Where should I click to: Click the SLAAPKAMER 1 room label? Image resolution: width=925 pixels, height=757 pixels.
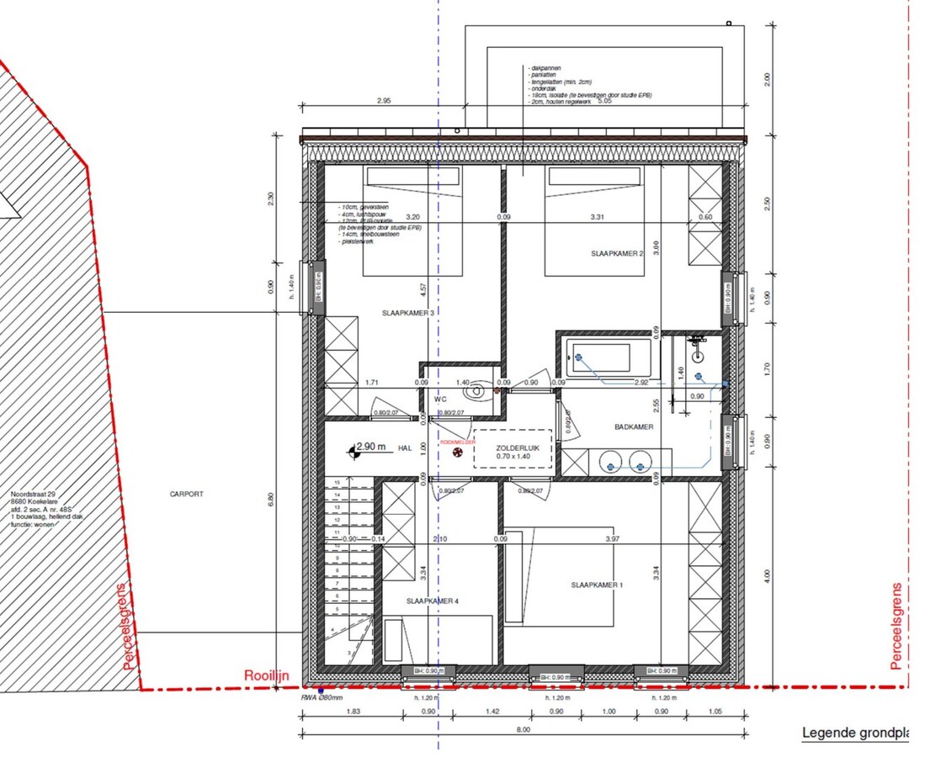point(597,585)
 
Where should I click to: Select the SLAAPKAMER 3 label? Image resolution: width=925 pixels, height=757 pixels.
point(409,314)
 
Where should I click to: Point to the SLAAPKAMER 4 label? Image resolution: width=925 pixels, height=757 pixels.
point(433,601)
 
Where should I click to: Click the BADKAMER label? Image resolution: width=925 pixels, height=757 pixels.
point(633,426)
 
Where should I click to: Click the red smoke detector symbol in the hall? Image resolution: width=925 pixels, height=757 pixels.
point(458,453)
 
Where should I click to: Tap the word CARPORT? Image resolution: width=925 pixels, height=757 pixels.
point(185,495)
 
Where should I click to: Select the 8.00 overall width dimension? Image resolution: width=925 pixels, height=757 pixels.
point(523,729)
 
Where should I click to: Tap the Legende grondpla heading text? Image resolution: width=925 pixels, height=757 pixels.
point(854,733)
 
